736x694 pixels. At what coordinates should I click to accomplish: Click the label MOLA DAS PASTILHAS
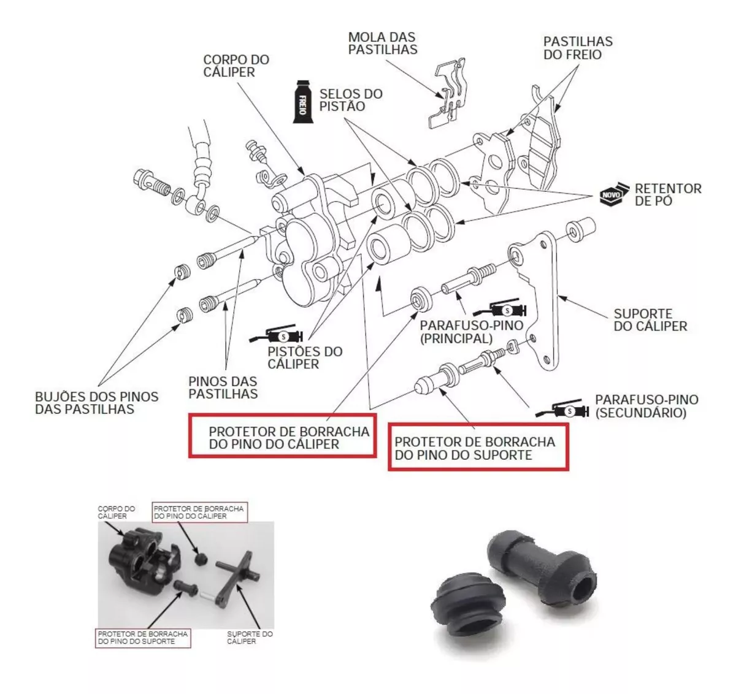coord(383,43)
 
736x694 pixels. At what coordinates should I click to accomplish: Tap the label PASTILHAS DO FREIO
coord(578,48)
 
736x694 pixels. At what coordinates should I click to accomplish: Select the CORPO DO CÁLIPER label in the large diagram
coord(236,66)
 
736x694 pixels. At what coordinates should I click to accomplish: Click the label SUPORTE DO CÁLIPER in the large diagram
coord(650,320)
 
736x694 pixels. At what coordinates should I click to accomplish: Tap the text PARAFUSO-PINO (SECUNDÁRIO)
coord(646,406)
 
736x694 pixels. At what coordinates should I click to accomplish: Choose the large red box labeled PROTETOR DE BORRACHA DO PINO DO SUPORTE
coord(478,448)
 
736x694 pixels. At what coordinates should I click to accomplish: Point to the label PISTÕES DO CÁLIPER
coord(305,357)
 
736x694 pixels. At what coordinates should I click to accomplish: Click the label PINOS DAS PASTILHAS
coord(223,387)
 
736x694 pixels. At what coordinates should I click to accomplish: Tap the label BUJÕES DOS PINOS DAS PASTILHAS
coord(96,403)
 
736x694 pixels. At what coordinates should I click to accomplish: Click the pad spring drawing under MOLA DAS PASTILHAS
coord(448,95)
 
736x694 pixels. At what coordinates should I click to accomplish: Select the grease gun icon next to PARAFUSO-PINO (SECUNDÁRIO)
coord(563,410)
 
